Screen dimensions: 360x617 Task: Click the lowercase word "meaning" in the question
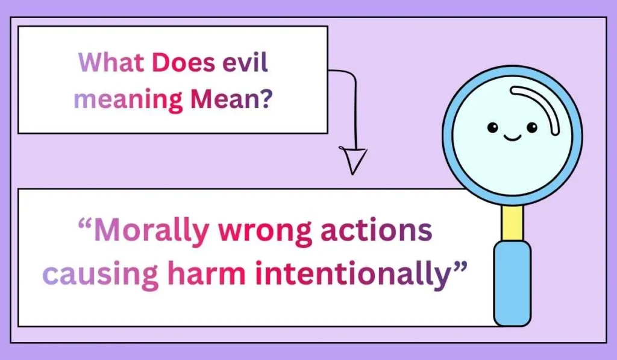click(128, 98)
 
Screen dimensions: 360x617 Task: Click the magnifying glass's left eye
click(493, 127)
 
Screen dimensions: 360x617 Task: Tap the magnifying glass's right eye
click(531, 127)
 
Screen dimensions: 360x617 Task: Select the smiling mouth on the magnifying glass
click(512, 138)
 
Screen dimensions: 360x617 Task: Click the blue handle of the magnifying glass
click(512, 283)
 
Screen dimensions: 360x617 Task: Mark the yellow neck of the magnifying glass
click(512, 222)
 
